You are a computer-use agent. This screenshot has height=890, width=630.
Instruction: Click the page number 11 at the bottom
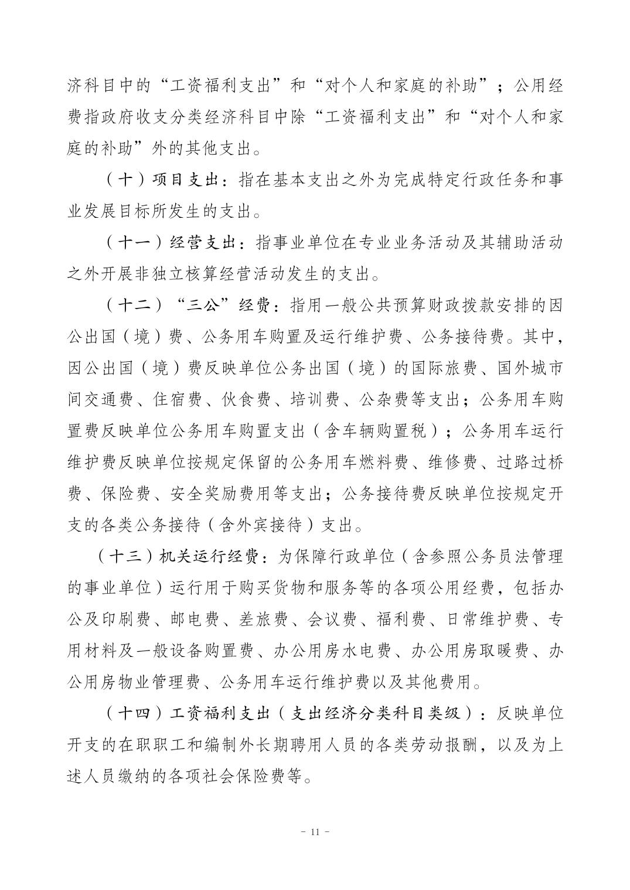[315, 832]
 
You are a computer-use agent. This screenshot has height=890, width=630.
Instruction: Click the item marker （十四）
[134, 714]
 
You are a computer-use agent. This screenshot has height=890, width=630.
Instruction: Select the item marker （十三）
[127, 557]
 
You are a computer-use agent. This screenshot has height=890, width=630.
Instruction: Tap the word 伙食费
[246, 400]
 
